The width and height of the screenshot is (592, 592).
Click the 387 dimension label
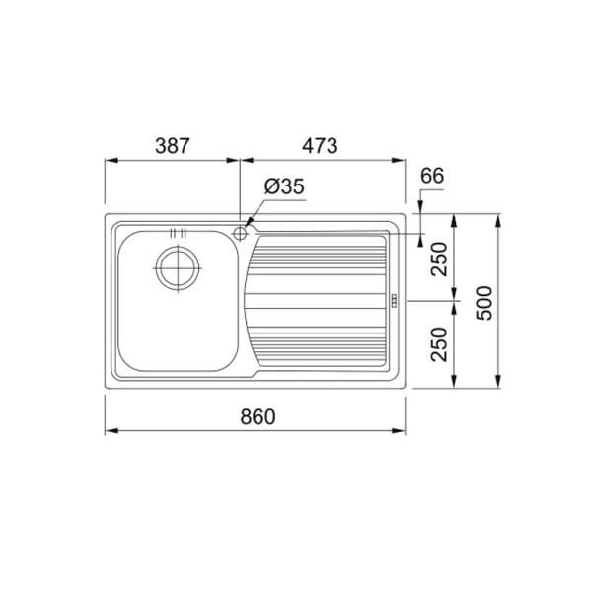(x=172, y=146)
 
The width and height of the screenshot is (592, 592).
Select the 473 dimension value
(x=320, y=146)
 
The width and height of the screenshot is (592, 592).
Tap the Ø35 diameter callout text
(x=284, y=186)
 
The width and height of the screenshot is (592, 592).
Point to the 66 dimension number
(x=432, y=176)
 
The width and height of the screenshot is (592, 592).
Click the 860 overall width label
(x=259, y=416)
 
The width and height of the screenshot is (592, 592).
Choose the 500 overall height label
(x=484, y=303)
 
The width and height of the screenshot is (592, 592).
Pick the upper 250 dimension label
(x=439, y=259)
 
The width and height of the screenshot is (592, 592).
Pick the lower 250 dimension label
(x=439, y=344)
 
